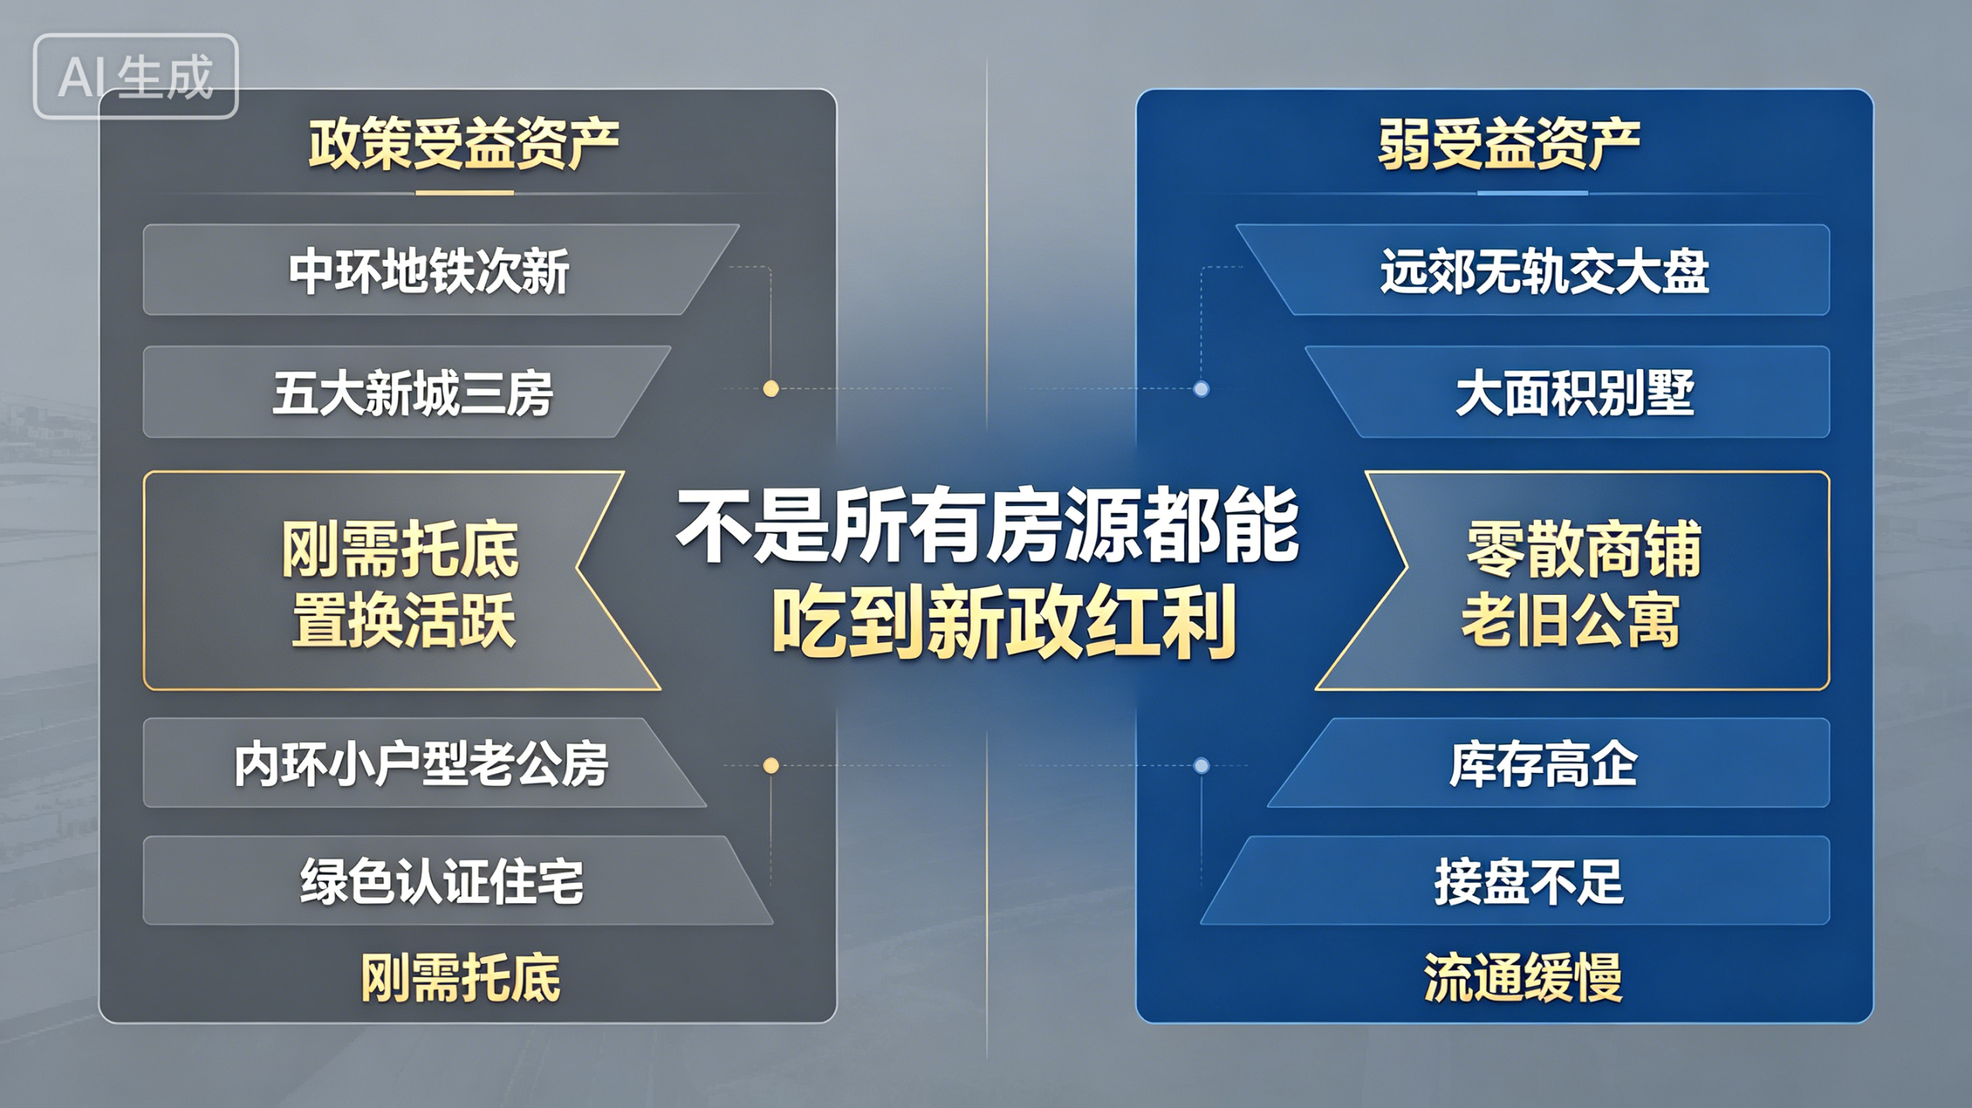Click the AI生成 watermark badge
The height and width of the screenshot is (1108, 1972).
click(136, 76)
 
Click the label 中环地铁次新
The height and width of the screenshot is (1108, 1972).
click(429, 271)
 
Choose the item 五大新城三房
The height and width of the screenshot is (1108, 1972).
click(413, 393)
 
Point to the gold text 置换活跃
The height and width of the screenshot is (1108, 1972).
click(404, 621)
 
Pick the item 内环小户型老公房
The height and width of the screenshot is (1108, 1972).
click(421, 764)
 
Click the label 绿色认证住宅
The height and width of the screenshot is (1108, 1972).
click(442, 881)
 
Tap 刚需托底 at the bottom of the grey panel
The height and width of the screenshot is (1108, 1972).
click(461, 978)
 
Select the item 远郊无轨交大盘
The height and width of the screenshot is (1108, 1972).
click(1544, 271)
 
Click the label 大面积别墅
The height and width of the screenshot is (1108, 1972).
click(1575, 393)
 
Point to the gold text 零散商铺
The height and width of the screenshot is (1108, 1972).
click(1584, 549)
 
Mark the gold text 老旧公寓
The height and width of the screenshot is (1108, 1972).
click(1571, 621)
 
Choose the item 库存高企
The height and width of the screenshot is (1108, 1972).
click(1543, 764)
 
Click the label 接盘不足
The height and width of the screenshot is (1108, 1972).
click(1529, 881)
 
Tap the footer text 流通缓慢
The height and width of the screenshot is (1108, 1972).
click(1523, 978)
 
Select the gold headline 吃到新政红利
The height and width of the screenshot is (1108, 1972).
click(1004, 622)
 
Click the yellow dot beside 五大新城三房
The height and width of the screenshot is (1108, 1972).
click(770, 388)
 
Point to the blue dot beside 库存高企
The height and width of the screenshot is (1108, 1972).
click(1201, 765)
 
